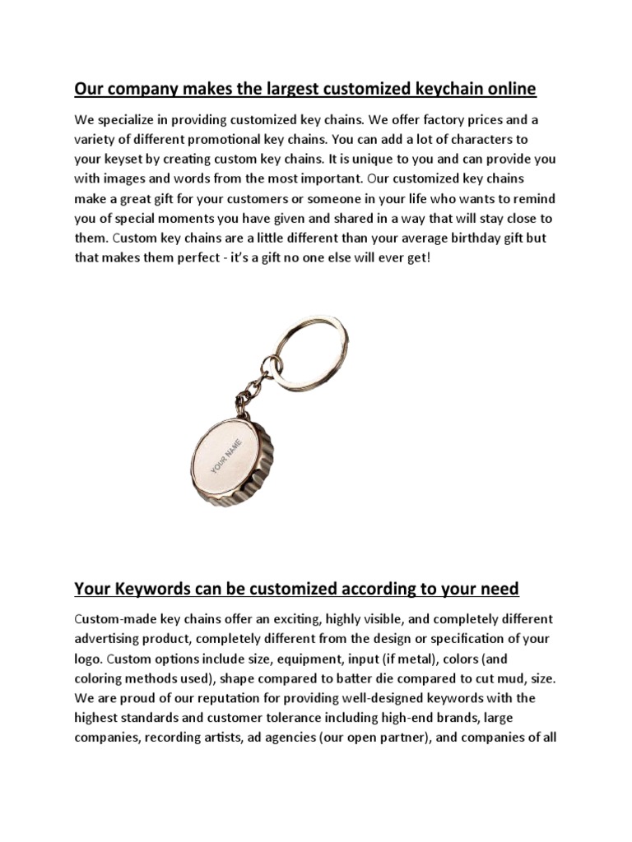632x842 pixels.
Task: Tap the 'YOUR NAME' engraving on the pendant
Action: [229, 456]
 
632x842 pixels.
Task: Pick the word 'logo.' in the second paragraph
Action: [89, 659]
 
